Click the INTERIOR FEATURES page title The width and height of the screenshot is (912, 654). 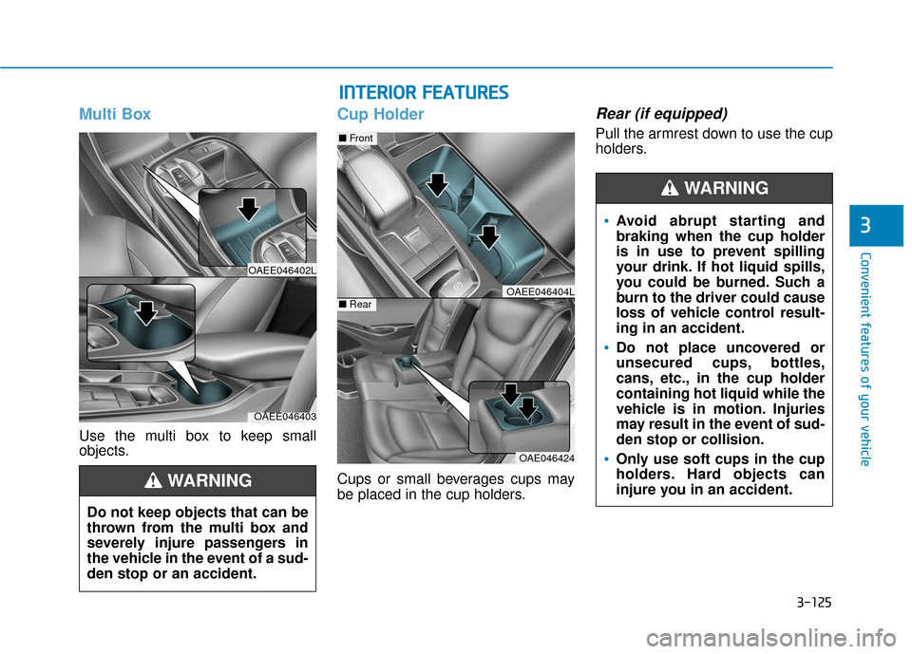(424, 92)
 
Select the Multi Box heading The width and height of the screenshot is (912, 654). (115, 115)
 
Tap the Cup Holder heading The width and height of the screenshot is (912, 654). (380, 115)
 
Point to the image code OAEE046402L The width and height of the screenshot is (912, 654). (282, 271)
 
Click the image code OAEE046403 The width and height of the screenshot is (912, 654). (284, 416)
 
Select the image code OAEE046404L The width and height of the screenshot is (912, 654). (540, 290)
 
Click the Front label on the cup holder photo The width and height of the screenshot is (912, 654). (358, 139)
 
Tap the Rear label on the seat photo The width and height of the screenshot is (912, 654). (356, 305)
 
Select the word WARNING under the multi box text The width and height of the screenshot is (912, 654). (209, 481)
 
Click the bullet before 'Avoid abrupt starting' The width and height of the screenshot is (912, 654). (606, 222)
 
